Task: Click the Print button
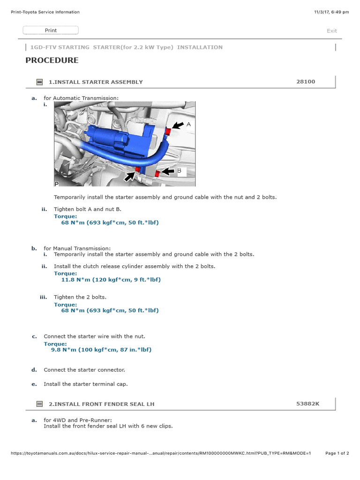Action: (x=51, y=30)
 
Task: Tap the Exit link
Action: (x=331, y=30)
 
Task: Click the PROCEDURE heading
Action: (x=52, y=60)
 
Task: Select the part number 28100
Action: (x=306, y=82)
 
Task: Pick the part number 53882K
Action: (x=307, y=404)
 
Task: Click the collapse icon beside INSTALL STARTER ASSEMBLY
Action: (x=39, y=82)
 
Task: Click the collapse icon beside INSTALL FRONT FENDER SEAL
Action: (x=39, y=404)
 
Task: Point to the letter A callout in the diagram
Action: (x=188, y=124)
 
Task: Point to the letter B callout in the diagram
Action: (x=180, y=171)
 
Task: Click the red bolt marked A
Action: (x=168, y=131)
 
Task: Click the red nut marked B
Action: (x=157, y=173)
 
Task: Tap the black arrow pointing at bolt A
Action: (x=178, y=125)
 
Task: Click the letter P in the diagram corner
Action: (x=56, y=184)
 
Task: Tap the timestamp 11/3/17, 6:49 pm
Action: (x=331, y=12)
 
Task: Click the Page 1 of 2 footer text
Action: (x=337, y=453)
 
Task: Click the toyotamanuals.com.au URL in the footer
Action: (x=161, y=453)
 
